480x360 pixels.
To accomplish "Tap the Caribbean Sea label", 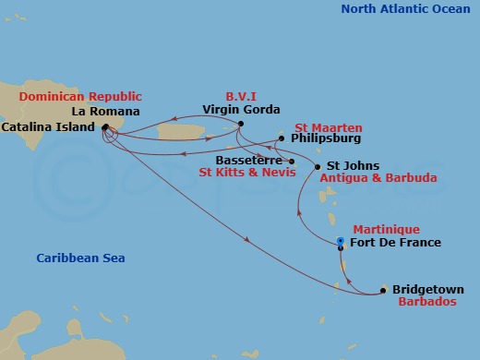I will (x=81, y=258).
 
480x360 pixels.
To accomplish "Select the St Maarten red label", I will (x=329, y=126).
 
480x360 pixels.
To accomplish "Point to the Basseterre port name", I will (x=250, y=159).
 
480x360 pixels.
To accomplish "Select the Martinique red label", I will (x=386, y=229).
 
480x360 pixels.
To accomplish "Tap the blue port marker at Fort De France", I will (x=341, y=241).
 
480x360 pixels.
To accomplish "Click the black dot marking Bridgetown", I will (x=383, y=292).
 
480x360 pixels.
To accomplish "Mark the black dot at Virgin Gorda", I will (x=240, y=124).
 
